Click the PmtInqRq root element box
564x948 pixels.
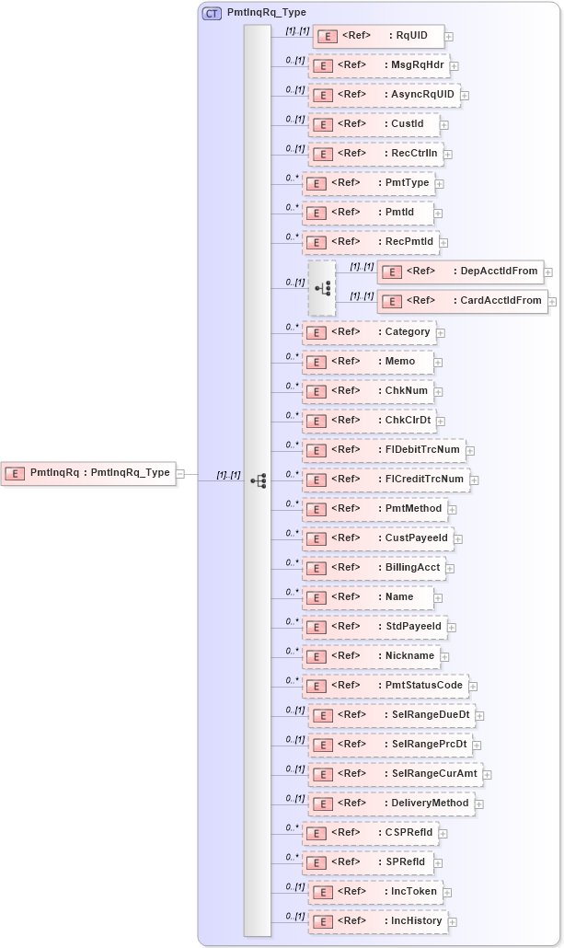[x=88, y=473]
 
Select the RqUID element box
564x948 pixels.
[x=378, y=37]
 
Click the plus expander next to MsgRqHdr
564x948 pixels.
[x=455, y=67]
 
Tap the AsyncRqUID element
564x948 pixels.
[x=384, y=95]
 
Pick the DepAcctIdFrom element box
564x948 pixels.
[x=460, y=272]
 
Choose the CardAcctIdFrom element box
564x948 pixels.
[x=462, y=301]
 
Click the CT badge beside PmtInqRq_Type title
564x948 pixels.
[x=212, y=13]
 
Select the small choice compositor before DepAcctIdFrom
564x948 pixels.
[x=322, y=288]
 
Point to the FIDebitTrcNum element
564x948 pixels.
[x=384, y=450]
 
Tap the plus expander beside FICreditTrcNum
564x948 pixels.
[x=474, y=480]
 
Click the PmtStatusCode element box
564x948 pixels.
[x=385, y=686]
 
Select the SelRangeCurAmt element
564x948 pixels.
[x=395, y=774]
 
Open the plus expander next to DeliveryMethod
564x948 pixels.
[x=479, y=804]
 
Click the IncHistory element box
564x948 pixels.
[x=377, y=921]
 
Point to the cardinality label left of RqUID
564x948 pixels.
[x=296, y=30]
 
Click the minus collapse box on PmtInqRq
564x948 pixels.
[x=180, y=474]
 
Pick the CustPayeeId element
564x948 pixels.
[x=377, y=538]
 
